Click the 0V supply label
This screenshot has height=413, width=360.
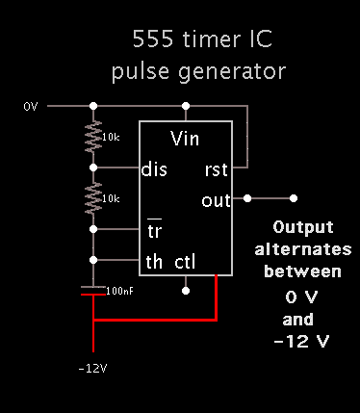tap(30, 105)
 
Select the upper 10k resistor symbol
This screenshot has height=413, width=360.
tap(93, 137)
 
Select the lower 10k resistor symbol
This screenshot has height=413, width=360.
tap(93, 198)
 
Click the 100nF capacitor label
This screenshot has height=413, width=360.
tap(120, 289)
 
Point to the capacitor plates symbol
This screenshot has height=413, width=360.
tap(93, 291)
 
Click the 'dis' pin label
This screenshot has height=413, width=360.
tap(154, 168)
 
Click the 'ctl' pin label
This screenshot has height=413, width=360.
tap(186, 261)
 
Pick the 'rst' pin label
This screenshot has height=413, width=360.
tap(217, 168)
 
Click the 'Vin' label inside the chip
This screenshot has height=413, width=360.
tap(186, 138)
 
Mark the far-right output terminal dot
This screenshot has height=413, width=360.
tap(295, 198)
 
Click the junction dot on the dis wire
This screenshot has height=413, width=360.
tap(93, 168)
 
